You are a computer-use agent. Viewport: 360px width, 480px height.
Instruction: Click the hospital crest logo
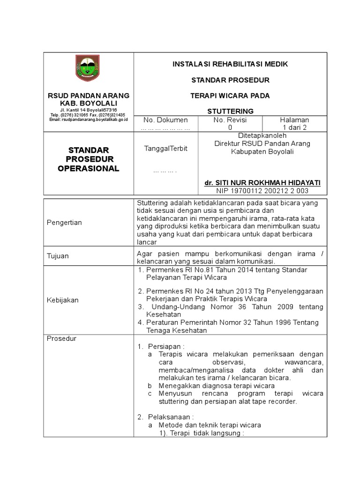click(88, 68)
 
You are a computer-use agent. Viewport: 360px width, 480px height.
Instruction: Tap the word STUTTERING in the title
click(230, 111)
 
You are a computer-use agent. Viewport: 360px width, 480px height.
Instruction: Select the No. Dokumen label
click(165, 120)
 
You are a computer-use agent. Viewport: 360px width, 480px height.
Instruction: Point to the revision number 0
click(230, 127)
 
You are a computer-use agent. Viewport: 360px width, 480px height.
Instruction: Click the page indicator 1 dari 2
click(294, 127)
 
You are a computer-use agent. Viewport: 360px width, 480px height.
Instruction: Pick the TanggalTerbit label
click(165, 148)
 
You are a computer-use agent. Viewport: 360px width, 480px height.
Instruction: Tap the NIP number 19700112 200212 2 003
click(262, 191)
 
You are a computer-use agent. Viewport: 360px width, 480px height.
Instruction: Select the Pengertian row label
click(64, 222)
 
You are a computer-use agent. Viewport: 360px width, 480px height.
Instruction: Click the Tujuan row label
click(58, 256)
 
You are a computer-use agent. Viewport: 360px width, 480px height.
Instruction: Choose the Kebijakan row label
click(62, 300)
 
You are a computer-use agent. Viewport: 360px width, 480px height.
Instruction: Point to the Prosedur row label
click(61, 338)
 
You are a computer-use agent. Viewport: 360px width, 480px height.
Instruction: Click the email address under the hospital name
click(88, 120)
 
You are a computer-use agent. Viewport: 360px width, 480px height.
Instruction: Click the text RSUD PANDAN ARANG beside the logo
click(88, 95)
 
